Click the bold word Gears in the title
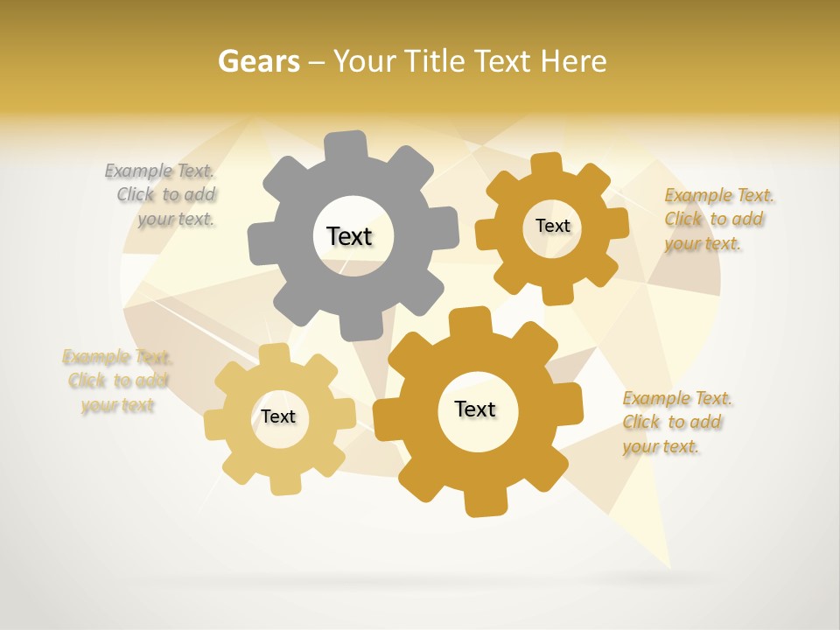[x=258, y=61]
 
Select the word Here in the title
[x=573, y=61]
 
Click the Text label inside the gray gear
[x=349, y=236]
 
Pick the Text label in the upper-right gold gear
[x=552, y=226]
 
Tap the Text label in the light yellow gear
[x=278, y=416]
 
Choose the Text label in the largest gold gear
[x=475, y=409]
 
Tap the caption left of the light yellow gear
[x=116, y=381]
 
